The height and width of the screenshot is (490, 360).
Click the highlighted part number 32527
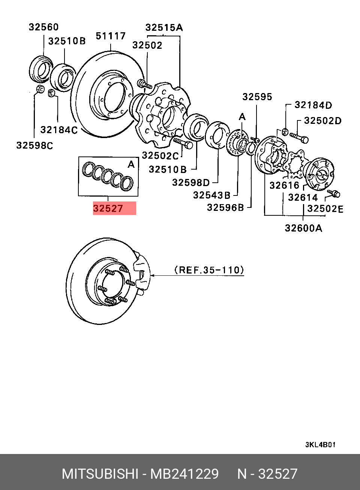click(x=108, y=208)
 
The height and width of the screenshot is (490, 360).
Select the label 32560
click(x=44, y=27)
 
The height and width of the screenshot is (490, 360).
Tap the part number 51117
click(x=111, y=36)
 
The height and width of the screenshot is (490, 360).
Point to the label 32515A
click(x=164, y=27)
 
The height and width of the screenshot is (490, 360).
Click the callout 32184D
click(x=313, y=105)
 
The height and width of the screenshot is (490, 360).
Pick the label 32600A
click(x=303, y=228)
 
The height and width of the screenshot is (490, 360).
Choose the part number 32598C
click(x=34, y=146)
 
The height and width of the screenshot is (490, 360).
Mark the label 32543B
click(x=211, y=195)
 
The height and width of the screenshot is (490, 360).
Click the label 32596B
click(x=225, y=207)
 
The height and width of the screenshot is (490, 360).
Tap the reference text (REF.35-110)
click(x=209, y=270)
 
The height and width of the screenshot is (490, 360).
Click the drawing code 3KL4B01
click(x=320, y=445)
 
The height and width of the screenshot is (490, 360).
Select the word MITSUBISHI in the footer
click(x=100, y=474)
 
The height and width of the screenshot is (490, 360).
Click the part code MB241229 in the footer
click(x=184, y=474)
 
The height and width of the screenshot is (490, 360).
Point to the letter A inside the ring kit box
click(x=131, y=165)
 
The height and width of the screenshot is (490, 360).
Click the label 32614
click(x=303, y=197)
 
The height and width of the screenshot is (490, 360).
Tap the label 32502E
click(x=325, y=209)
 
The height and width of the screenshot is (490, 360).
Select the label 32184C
click(x=59, y=130)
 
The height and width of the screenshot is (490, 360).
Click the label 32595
click(x=257, y=97)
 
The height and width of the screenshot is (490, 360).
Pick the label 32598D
click(x=190, y=182)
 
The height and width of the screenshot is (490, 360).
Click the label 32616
click(x=284, y=185)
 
